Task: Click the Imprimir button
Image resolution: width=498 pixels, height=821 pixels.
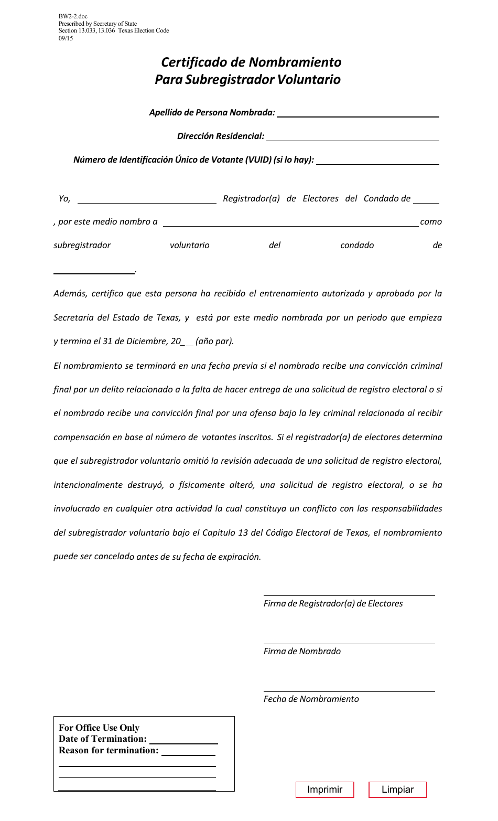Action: click(x=324, y=790)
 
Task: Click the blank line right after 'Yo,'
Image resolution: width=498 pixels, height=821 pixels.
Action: click(x=147, y=199)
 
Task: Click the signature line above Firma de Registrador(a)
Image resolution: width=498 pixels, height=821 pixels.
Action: click(x=349, y=591)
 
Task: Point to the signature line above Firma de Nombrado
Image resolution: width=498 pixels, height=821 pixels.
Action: click(x=349, y=639)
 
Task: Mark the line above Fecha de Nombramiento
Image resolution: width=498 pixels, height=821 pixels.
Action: click(x=349, y=687)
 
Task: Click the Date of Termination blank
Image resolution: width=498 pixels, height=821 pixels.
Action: click(x=183, y=739)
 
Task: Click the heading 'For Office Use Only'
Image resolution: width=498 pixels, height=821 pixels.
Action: click(x=99, y=728)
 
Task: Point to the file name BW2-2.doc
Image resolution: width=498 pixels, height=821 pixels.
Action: click(x=73, y=17)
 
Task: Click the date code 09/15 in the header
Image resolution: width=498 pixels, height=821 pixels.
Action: click(x=66, y=38)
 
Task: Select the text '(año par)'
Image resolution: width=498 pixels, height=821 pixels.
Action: click(x=214, y=342)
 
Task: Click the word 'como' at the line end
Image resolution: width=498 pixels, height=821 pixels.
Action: click(x=431, y=222)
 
